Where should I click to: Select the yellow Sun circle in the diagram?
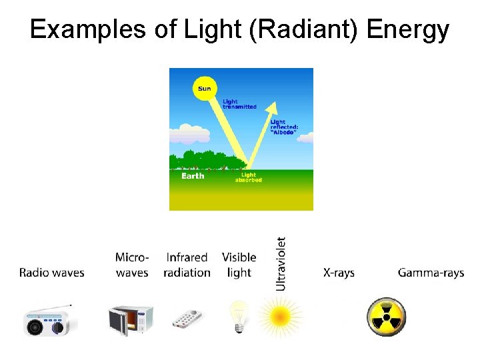[204, 88]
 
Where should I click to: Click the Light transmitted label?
[239, 104]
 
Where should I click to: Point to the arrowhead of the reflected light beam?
[272, 108]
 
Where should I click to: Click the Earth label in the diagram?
[193, 176]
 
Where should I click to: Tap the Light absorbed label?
[248, 177]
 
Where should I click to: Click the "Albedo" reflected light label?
[283, 127]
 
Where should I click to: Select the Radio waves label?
[52, 273]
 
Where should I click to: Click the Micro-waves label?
[132, 265]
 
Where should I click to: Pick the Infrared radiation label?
[187, 265]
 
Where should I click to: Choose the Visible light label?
[239, 265]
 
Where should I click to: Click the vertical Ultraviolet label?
[281, 263]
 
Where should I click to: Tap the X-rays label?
[339, 273]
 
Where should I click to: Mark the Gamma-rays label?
[431, 273]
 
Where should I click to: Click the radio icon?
[49, 321]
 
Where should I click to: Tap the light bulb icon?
[238, 315]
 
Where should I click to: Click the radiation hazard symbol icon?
[386, 317]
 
